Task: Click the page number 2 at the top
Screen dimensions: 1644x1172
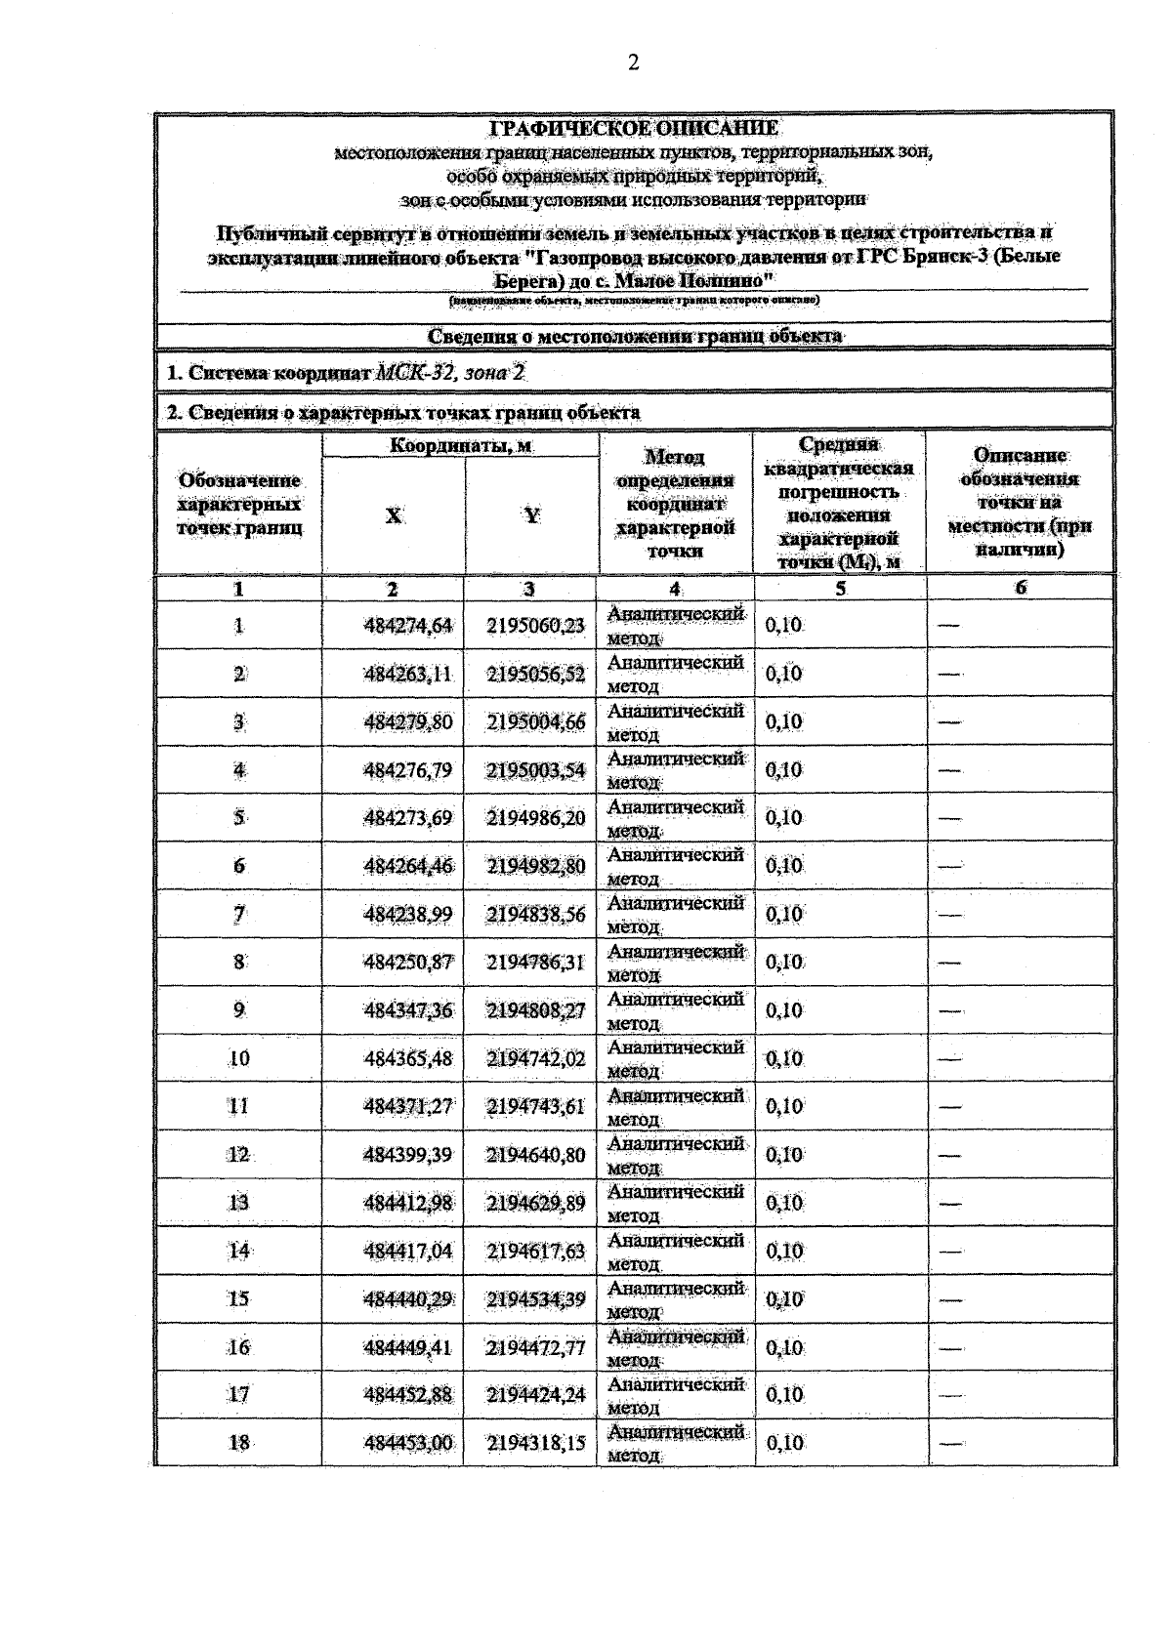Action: pos(634,63)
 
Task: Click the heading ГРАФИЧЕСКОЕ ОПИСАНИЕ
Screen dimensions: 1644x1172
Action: pos(634,128)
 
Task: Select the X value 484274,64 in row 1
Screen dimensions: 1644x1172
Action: pos(408,626)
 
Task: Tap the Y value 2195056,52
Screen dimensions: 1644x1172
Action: pos(535,674)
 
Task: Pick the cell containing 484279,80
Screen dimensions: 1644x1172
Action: pos(408,722)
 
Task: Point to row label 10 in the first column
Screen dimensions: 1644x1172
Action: pos(238,1058)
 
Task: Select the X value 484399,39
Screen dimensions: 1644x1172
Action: pos(408,1155)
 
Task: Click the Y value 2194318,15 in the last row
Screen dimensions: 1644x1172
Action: pos(535,1443)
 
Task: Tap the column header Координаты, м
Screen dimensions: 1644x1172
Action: pos(461,446)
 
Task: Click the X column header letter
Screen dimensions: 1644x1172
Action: pos(393,515)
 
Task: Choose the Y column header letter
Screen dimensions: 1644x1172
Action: pos(531,515)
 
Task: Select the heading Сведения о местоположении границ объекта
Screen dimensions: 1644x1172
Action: pos(634,336)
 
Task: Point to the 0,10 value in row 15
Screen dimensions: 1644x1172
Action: pos(784,1299)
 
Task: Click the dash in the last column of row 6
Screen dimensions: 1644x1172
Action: pos(949,866)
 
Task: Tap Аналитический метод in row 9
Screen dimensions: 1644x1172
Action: pos(675,1010)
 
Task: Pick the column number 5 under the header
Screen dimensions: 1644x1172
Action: pos(840,589)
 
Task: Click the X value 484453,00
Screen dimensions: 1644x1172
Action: pos(408,1443)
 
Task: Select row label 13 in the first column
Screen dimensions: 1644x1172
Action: pos(238,1203)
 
